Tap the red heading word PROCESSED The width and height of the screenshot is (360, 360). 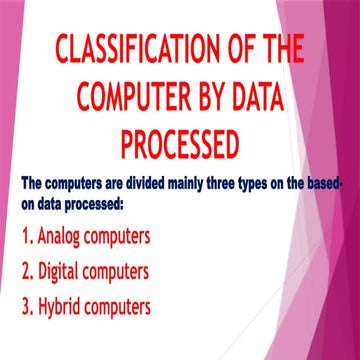pyautogui.click(x=179, y=144)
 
